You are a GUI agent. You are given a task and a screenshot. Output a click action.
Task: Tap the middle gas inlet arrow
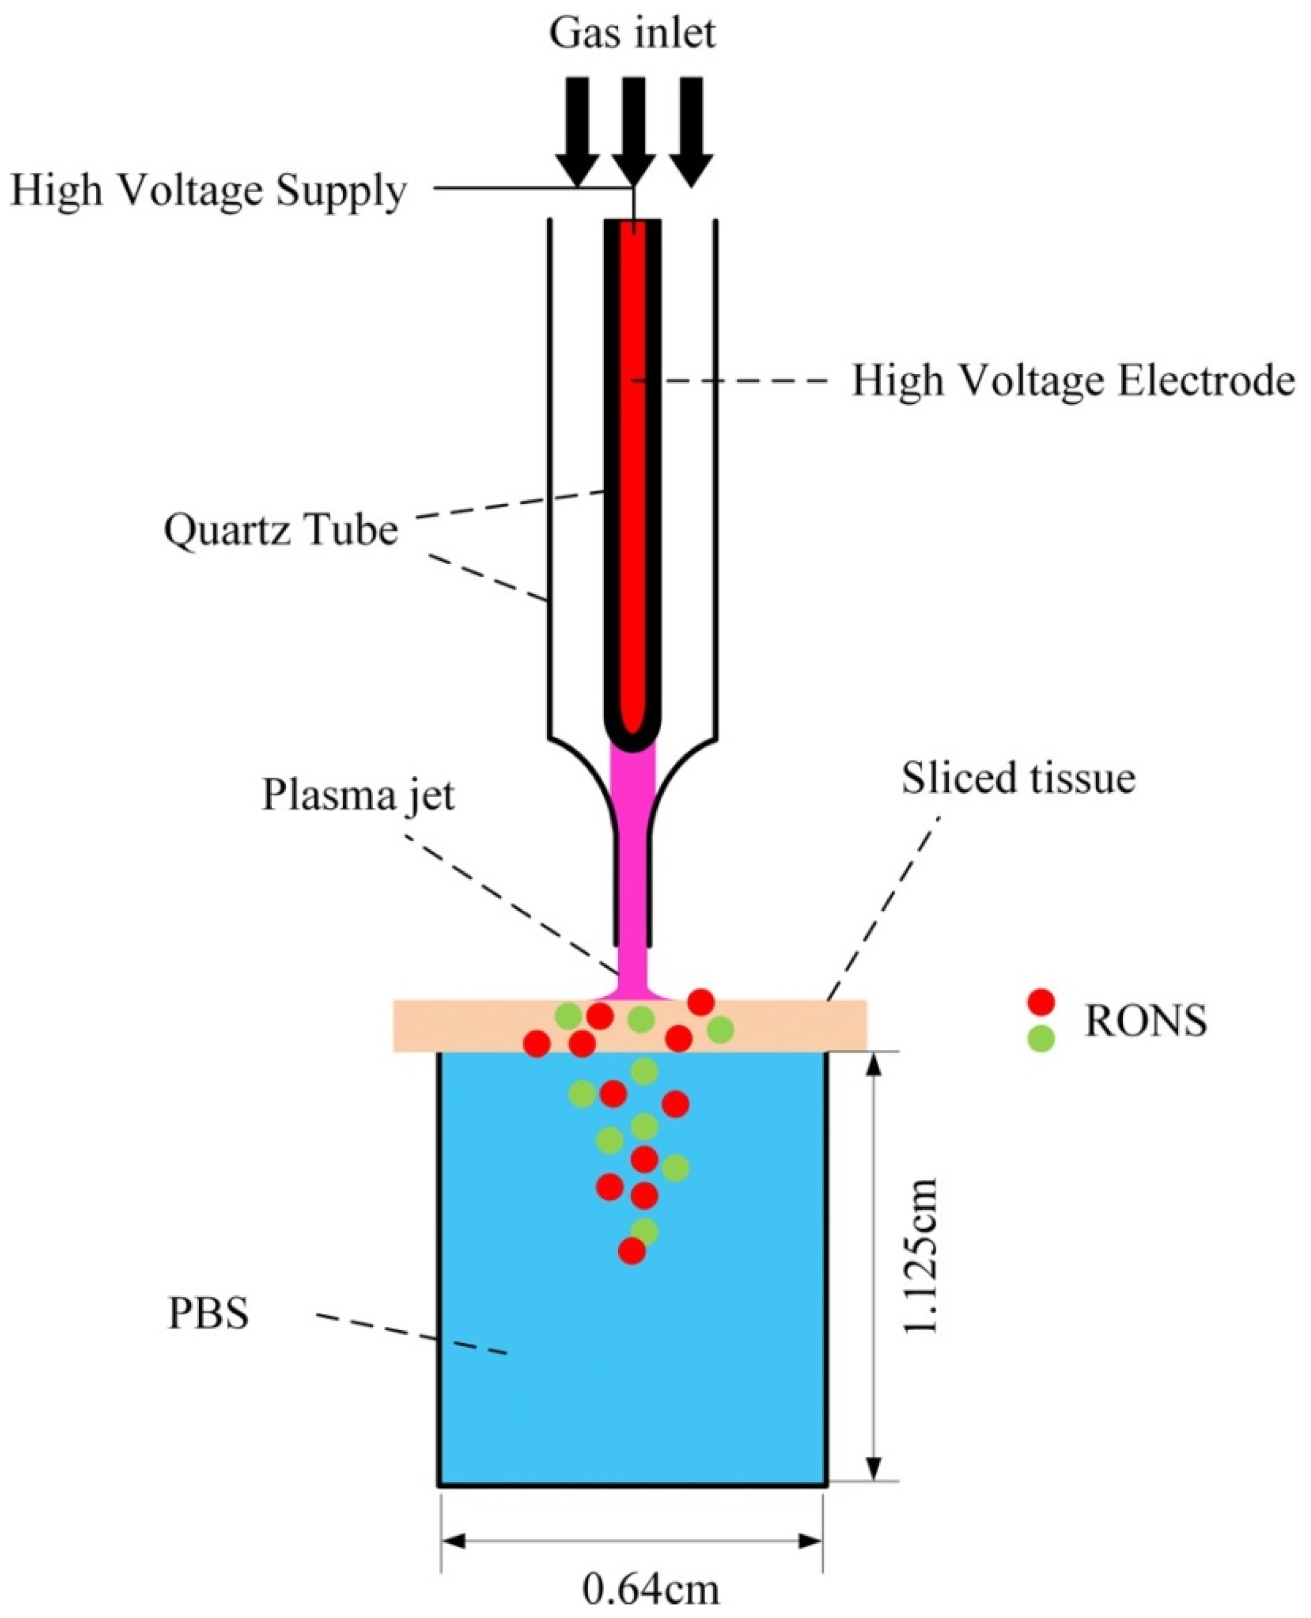click(x=633, y=128)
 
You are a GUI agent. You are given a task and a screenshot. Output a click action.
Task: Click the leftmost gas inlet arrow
click(x=577, y=128)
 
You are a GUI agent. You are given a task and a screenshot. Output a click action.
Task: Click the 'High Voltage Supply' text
click(x=209, y=191)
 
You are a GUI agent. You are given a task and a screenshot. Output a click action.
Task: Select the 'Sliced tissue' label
click(x=1018, y=777)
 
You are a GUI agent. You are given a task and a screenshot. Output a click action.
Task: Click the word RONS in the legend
click(x=1145, y=1021)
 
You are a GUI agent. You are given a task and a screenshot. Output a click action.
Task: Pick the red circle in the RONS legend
click(x=1041, y=1002)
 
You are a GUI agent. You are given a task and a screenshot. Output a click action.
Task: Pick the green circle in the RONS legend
click(x=1041, y=1040)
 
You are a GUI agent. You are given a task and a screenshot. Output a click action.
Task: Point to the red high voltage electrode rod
click(x=633, y=468)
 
